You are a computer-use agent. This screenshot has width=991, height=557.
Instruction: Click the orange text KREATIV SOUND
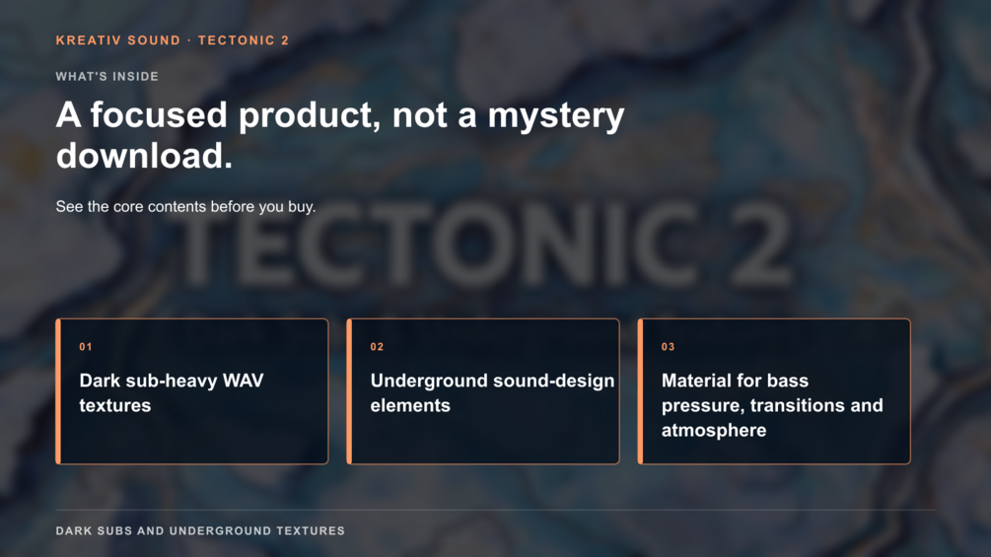118,40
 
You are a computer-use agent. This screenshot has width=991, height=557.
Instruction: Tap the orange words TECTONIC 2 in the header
244,40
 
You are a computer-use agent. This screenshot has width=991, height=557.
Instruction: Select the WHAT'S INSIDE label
106,77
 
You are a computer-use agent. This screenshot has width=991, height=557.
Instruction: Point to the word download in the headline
144,156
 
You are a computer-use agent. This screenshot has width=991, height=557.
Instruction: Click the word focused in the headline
159,115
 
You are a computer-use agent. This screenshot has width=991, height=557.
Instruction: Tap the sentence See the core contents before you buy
185,206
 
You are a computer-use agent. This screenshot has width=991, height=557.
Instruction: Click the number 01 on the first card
86,347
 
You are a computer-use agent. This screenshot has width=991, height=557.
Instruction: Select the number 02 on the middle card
377,347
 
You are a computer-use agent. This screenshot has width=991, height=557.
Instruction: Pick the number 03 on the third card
668,347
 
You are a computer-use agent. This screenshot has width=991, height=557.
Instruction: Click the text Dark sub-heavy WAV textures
172,392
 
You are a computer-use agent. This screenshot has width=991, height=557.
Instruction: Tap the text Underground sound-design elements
492,392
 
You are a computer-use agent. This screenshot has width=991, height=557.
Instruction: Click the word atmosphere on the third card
714,430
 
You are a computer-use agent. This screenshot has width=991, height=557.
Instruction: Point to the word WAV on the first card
244,381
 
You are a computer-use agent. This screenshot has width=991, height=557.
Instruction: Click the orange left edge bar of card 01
58,391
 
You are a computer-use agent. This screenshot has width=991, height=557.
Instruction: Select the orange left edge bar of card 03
640,391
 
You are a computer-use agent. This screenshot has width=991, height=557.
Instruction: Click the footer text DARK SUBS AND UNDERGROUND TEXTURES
200,531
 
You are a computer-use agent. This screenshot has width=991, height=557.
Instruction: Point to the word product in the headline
310,115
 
